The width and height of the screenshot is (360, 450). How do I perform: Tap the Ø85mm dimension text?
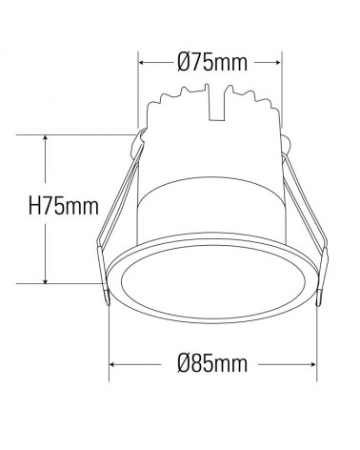click(x=212, y=363)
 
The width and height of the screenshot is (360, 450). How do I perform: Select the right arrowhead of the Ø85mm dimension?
click(x=315, y=363)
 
